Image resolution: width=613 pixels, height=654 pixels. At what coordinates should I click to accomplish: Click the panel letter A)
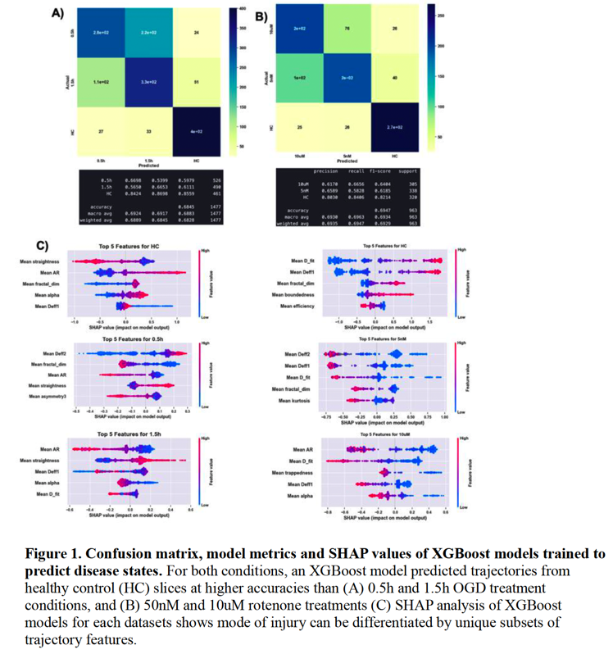coord(57,13)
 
